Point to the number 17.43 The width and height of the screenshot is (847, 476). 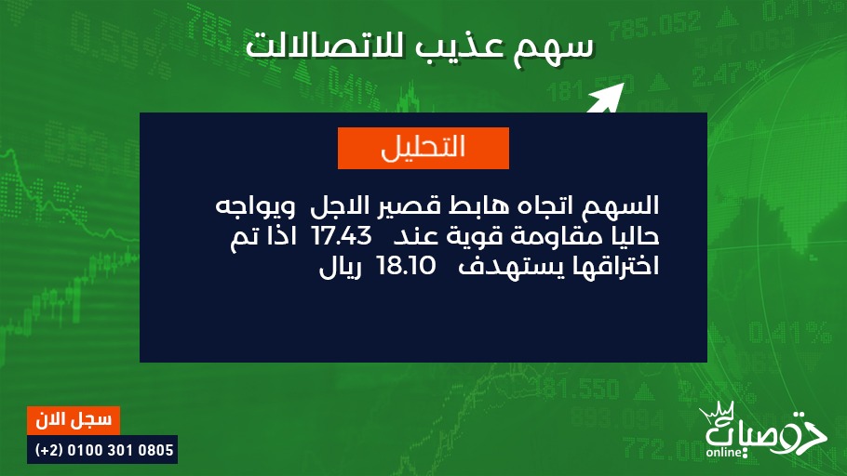[343, 236]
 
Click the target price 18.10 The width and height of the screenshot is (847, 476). [406, 266]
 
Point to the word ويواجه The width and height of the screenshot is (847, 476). [255, 206]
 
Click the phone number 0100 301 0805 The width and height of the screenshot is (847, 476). [120, 450]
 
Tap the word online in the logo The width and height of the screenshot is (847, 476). [724, 452]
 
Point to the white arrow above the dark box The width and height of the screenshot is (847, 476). [605, 99]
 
